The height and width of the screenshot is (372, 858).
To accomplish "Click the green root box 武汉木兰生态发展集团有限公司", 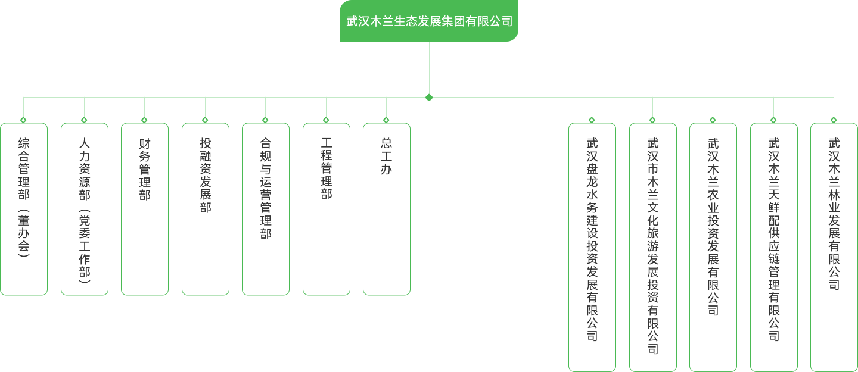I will click(x=429, y=21).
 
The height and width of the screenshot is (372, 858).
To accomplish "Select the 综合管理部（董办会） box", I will click(x=24, y=209).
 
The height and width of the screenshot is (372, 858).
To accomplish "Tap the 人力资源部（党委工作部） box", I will click(x=85, y=209).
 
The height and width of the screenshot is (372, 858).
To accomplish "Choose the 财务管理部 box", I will click(x=145, y=209).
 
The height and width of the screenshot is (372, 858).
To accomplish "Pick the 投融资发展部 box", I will click(x=206, y=209).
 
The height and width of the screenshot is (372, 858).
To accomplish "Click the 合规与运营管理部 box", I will click(x=266, y=209).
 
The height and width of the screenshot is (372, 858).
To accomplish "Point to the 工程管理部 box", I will click(x=327, y=209).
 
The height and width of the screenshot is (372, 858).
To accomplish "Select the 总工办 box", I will click(x=387, y=209).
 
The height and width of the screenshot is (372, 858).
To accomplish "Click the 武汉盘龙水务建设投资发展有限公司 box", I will click(x=592, y=247).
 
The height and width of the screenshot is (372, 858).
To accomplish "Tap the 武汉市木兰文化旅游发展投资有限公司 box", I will click(x=653, y=247).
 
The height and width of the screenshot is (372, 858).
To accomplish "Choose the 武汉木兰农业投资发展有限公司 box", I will click(x=713, y=247).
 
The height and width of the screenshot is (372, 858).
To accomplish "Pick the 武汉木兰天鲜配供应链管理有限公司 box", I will click(x=774, y=247).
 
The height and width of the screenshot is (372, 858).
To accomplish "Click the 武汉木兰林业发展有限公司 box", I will click(x=834, y=247).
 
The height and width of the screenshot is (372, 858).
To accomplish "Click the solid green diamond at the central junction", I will click(x=429, y=97).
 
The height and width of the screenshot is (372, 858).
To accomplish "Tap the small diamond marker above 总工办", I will click(x=387, y=120).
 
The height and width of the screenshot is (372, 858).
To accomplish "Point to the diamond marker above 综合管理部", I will click(x=24, y=120).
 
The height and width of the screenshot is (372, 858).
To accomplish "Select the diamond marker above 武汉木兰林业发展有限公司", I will click(x=834, y=120).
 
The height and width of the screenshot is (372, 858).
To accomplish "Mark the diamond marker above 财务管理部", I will click(x=145, y=120).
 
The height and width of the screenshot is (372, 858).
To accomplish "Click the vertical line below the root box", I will click(x=429, y=68).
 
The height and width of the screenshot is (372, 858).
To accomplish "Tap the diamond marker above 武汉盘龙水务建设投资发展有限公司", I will click(x=592, y=120).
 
